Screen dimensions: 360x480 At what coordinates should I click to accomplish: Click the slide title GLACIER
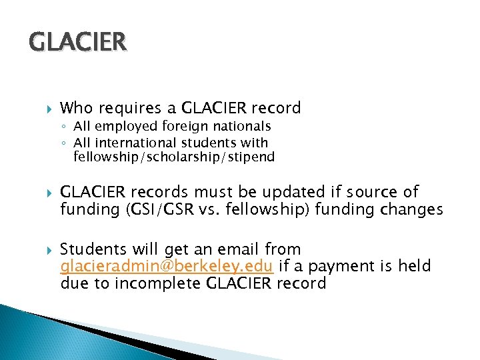click(77, 42)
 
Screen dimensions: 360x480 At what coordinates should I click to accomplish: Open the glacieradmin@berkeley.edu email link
click(166, 267)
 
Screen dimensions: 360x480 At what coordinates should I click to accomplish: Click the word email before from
click(239, 249)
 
